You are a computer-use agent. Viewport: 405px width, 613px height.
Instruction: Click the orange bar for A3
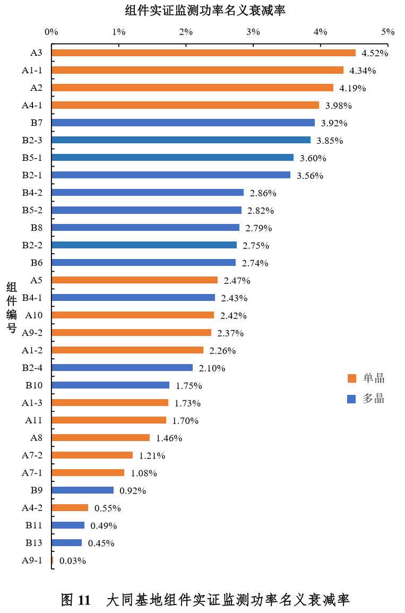pyautogui.click(x=203, y=53)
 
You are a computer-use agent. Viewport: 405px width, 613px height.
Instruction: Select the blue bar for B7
pyautogui.click(x=183, y=123)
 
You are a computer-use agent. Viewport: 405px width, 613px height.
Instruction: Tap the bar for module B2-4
pyautogui.click(x=122, y=367)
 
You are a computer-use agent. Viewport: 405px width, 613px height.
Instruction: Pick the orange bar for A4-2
pyautogui.click(x=70, y=507)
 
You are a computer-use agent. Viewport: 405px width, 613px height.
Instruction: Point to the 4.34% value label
pyautogui.click(x=363, y=71)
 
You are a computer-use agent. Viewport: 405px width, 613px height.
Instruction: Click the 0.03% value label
pyautogui.click(x=73, y=560)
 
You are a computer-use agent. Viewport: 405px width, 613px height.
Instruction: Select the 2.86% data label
pyautogui.click(x=263, y=193)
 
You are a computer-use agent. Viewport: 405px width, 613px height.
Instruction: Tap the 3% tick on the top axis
pyautogui.click(x=253, y=32)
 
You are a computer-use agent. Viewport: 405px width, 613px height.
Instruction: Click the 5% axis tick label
pyautogui.click(x=388, y=32)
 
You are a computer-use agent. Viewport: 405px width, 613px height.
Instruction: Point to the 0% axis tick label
pyautogui.click(x=51, y=32)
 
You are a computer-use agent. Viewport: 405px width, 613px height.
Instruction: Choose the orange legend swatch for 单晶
pyautogui.click(x=351, y=378)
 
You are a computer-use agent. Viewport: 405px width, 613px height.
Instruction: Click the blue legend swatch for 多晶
pyautogui.click(x=351, y=399)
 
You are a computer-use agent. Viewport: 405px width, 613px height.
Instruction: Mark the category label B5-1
pyautogui.click(x=32, y=158)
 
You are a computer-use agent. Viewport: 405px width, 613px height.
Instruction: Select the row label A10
pyautogui.click(x=34, y=315)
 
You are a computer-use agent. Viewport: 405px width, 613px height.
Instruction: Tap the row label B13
pyautogui.click(x=33, y=542)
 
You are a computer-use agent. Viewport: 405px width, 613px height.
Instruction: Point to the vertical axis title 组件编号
pyautogui.click(x=12, y=308)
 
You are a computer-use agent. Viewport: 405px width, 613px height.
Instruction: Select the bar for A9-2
pyautogui.click(x=132, y=332)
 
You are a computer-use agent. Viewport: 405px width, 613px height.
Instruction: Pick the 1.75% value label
pyautogui.click(x=189, y=386)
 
